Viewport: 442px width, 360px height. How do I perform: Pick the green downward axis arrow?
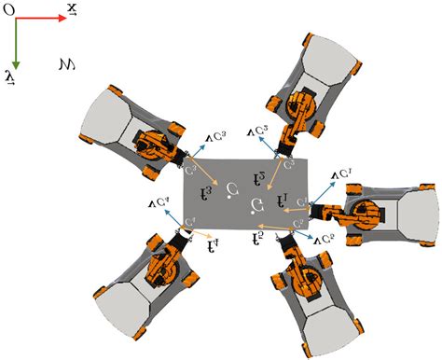click(x=17, y=42)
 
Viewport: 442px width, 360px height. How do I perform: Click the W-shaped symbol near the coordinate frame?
click(x=66, y=65)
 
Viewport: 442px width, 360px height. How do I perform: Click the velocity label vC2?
click(x=324, y=241)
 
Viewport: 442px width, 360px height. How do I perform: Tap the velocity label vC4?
click(x=158, y=199)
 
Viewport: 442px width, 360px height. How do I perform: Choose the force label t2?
click(x=258, y=239)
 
